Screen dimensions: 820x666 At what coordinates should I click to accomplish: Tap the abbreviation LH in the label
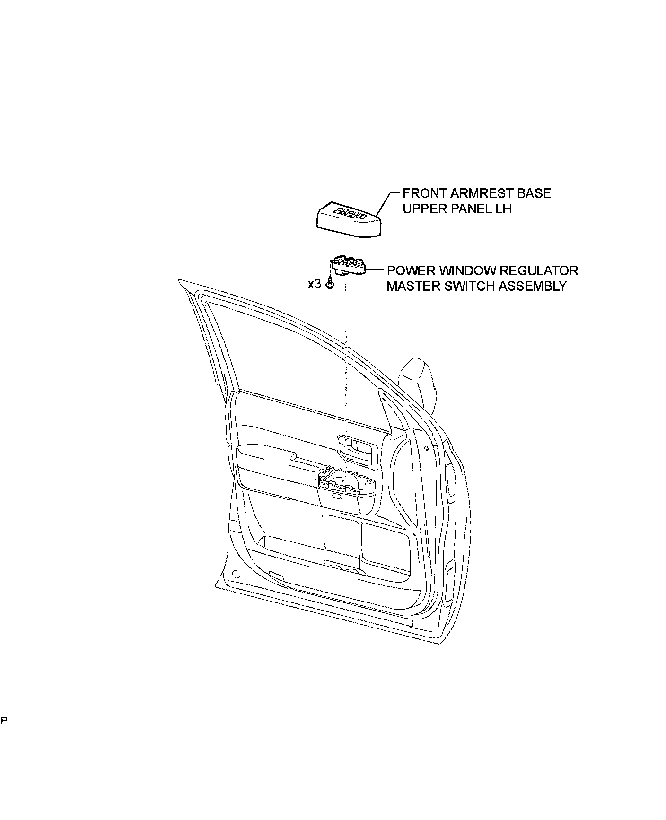click(504, 209)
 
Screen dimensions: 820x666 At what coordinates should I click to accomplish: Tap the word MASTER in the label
click(413, 286)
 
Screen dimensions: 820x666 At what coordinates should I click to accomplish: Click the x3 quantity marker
click(314, 284)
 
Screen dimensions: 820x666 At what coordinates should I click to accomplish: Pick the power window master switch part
click(349, 266)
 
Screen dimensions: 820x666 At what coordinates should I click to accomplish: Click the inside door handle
click(357, 448)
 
